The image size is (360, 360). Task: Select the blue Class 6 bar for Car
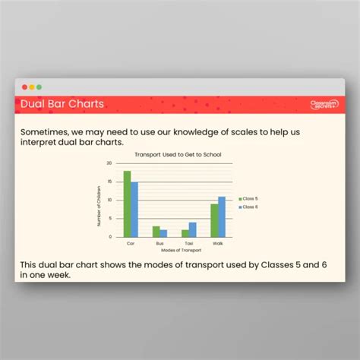pos(134,209)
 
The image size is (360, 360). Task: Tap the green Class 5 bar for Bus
pos(156,232)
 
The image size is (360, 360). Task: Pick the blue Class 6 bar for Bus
pos(163,233)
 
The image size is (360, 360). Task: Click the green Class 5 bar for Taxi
pos(185,233)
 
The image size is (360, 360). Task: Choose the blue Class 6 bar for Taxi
pos(192,229)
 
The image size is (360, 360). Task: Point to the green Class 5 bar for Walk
pos(214,220)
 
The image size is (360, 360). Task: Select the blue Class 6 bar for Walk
pos(222,216)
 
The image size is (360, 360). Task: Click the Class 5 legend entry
pos(249,199)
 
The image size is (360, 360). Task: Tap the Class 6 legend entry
pos(249,207)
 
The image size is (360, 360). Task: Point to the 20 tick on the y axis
pos(109,163)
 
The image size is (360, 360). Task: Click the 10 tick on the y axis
pos(109,200)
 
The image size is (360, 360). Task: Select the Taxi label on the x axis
pos(188,243)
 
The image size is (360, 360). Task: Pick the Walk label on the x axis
pos(218,243)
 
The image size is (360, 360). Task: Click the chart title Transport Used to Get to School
pos(177,154)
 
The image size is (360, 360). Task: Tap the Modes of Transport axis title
pos(175,250)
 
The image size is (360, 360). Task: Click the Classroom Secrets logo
pos(324,104)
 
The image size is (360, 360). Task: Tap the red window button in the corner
pos(24,87)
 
